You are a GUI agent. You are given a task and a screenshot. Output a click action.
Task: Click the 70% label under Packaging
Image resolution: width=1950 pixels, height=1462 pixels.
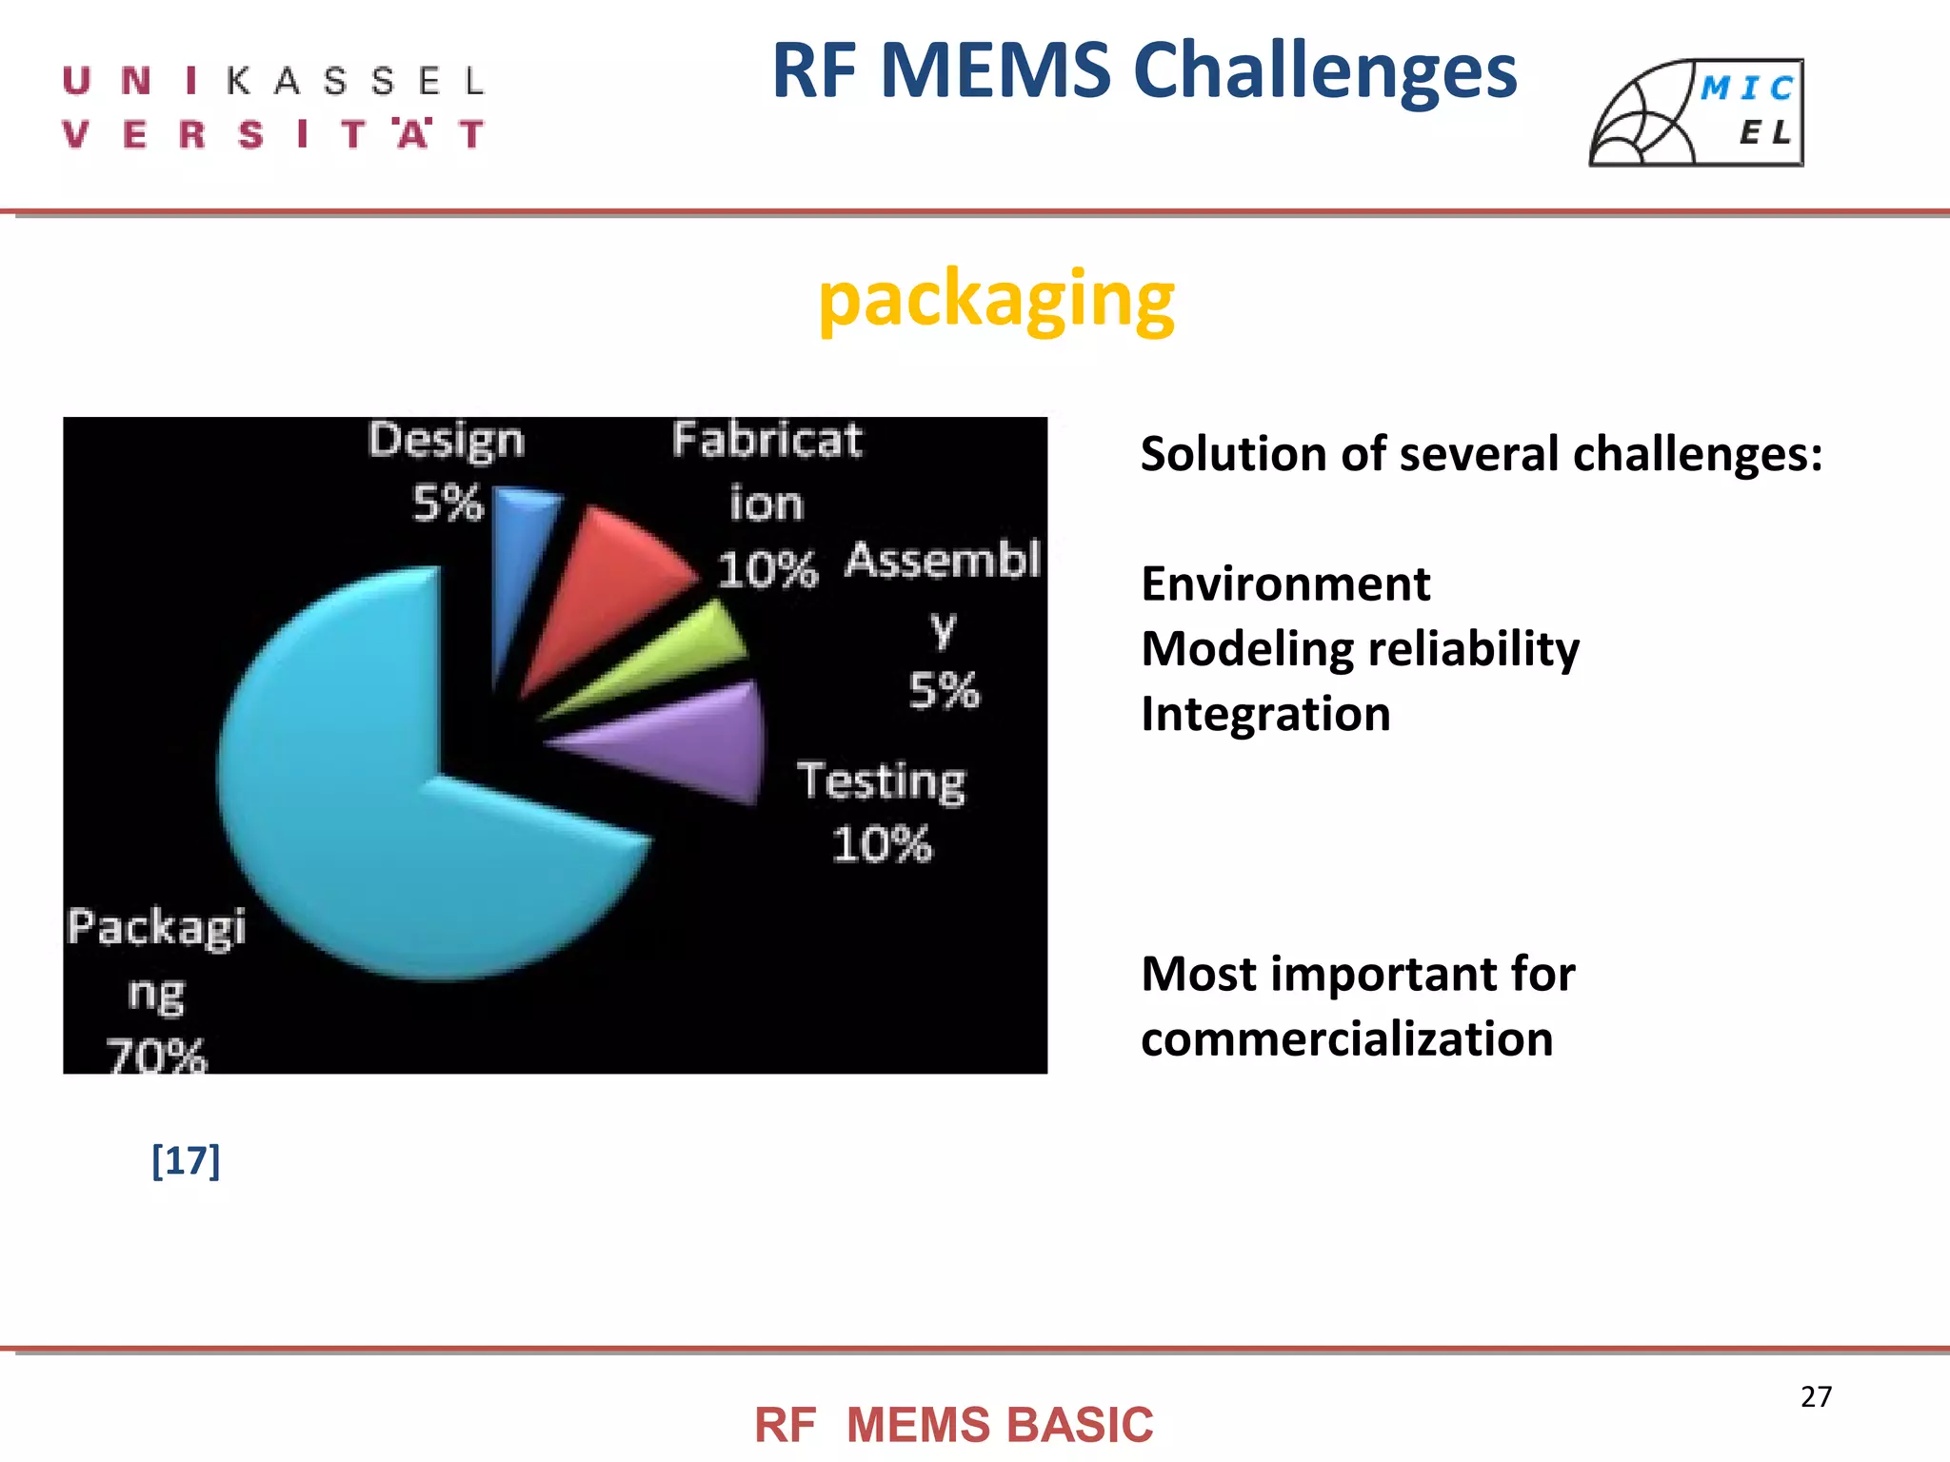point(156,1055)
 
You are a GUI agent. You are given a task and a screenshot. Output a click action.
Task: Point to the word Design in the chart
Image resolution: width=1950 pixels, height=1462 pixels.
point(446,442)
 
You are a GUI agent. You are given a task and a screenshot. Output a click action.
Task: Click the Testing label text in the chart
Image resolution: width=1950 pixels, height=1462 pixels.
point(881,782)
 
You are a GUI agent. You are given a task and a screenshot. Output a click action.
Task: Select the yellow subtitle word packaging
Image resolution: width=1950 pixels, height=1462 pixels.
point(996,301)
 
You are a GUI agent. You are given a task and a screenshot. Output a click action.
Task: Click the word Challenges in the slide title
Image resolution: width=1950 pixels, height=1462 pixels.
point(1325,72)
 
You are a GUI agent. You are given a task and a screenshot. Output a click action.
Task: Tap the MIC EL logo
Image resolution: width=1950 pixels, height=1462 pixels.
point(1697,113)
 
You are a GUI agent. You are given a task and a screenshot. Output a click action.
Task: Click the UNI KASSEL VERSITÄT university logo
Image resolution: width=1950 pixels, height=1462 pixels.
point(273,108)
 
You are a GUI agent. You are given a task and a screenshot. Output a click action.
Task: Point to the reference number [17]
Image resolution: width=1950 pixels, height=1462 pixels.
point(186,1160)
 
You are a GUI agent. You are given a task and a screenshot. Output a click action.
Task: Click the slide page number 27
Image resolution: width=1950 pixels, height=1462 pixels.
point(1816,1396)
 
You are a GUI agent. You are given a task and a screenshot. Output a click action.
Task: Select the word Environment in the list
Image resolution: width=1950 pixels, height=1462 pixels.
point(1285,584)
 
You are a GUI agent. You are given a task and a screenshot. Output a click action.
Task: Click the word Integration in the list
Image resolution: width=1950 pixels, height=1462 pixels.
point(1265,715)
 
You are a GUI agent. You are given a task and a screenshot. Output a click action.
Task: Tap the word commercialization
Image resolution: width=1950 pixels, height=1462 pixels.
point(1346,1039)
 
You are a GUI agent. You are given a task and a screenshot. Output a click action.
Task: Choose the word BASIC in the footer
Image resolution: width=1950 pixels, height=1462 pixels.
point(1080,1426)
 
